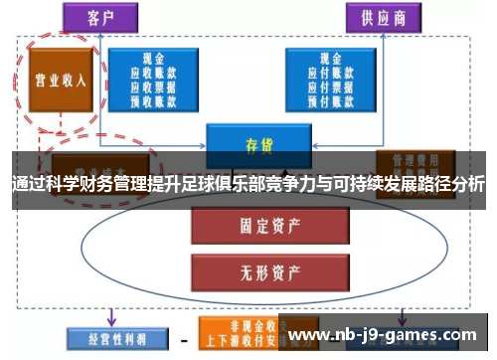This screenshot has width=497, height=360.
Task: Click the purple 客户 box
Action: click(x=98, y=18)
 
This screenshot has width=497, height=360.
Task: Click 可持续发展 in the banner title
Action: click(x=367, y=185)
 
